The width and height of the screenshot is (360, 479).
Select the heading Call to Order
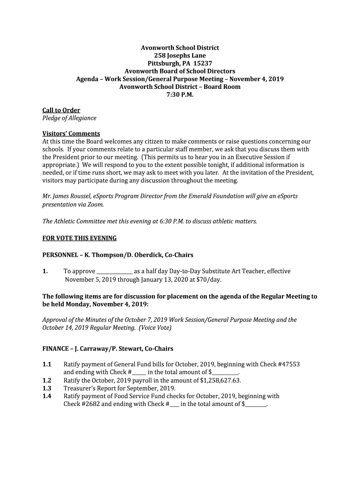coord(61,110)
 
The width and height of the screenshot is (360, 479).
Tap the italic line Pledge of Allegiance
coord(69,118)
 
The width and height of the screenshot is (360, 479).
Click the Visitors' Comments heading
coord(71,134)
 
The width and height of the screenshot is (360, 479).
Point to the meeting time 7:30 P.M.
coord(180,95)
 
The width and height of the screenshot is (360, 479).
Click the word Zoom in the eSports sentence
coord(95,204)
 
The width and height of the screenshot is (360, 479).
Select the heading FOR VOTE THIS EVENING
coord(79,238)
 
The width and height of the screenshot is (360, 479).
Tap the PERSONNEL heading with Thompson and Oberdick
coord(118,255)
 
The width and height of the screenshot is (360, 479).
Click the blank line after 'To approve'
coord(114,272)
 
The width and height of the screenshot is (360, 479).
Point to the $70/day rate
coord(208,280)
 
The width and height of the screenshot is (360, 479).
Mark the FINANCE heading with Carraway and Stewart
coord(108,348)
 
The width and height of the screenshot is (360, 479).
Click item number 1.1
coord(47,364)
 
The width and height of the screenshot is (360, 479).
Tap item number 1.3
coord(47,388)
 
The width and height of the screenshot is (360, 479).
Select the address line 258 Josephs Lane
coord(180,56)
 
